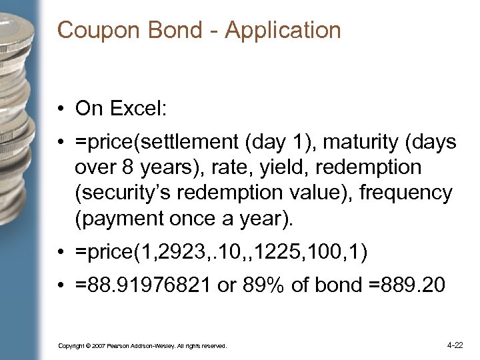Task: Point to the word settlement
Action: click(x=175, y=142)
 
